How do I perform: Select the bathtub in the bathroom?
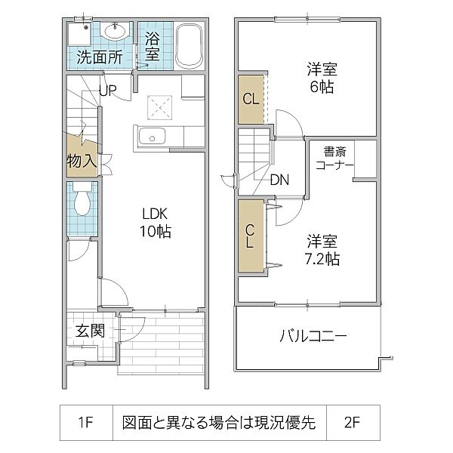pyautogui.click(x=189, y=47)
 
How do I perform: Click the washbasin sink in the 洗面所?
pyautogui.click(x=115, y=32)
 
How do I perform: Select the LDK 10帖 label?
pyautogui.click(x=153, y=223)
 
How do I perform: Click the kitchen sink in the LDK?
pyautogui.click(x=153, y=137)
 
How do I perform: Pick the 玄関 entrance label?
pyautogui.click(x=89, y=331)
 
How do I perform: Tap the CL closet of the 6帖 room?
pyautogui.click(x=250, y=98)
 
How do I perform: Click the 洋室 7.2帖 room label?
pyautogui.click(x=322, y=250)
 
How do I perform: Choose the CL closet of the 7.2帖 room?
pyautogui.click(x=250, y=236)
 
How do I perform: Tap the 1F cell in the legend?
pyautogui.click(x=85, y=424)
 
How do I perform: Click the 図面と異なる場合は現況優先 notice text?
pyautogui.click(x=219, y=424)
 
